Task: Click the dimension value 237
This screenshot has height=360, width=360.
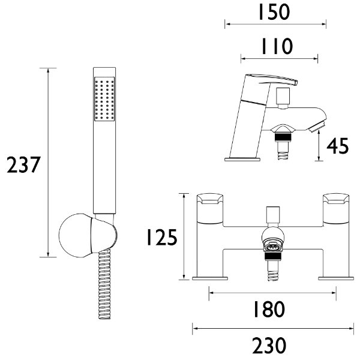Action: tap(23, 164)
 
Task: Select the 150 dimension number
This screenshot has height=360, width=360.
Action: tap(274, 12)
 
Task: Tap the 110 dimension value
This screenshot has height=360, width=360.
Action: tap(277, 46)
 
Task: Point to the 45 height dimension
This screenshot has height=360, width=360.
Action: tap(337, 146)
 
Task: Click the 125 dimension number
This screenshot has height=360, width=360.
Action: tap(162, 237)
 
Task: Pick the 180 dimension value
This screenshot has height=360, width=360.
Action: tap(269, 309)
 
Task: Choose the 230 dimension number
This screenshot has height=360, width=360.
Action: tap(269, 346)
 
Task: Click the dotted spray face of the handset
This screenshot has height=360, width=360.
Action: tap(104, 99)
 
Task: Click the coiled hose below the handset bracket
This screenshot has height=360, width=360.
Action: tap(104, 284)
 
